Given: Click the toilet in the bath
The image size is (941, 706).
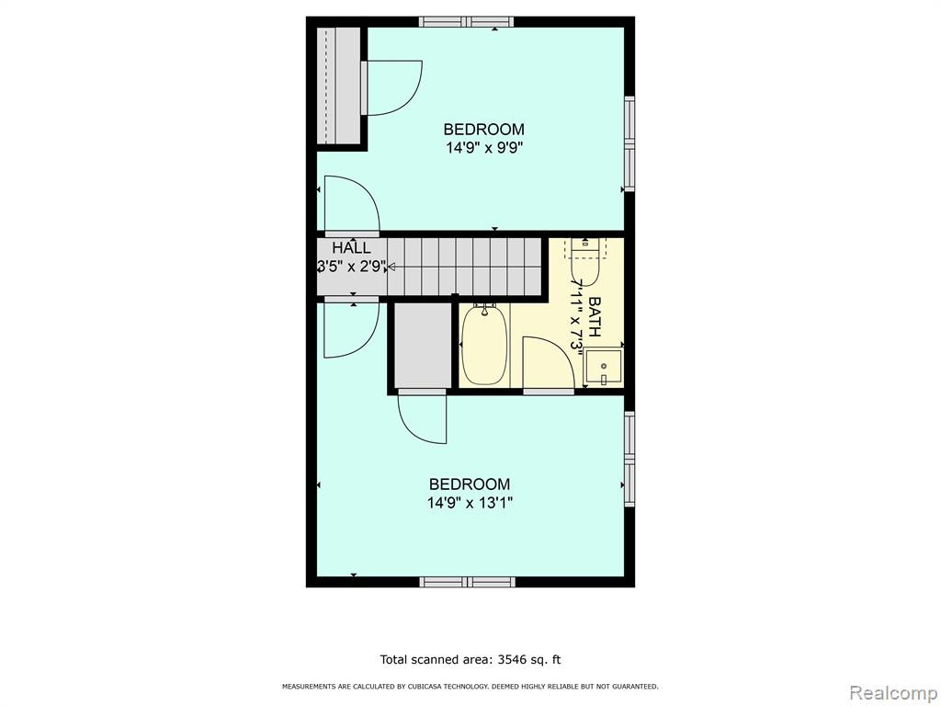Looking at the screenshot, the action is tap(585, 262).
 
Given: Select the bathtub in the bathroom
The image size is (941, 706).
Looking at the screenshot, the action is tap(484, 346).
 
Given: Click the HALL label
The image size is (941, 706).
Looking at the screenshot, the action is tap(351, 247).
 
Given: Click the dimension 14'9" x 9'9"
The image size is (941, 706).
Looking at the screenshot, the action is tap(484, 148).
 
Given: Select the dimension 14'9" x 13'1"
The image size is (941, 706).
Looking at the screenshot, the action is tap(470, 503).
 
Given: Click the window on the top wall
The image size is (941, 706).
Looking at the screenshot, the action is tap(466, 22).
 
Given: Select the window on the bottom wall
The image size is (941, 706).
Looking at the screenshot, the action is tap(467, 582).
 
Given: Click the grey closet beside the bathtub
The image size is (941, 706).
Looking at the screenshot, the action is tap(423, 346).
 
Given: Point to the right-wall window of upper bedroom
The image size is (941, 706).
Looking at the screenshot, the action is tap(629, 144).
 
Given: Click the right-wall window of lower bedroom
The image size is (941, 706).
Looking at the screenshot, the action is tap(629, 459).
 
